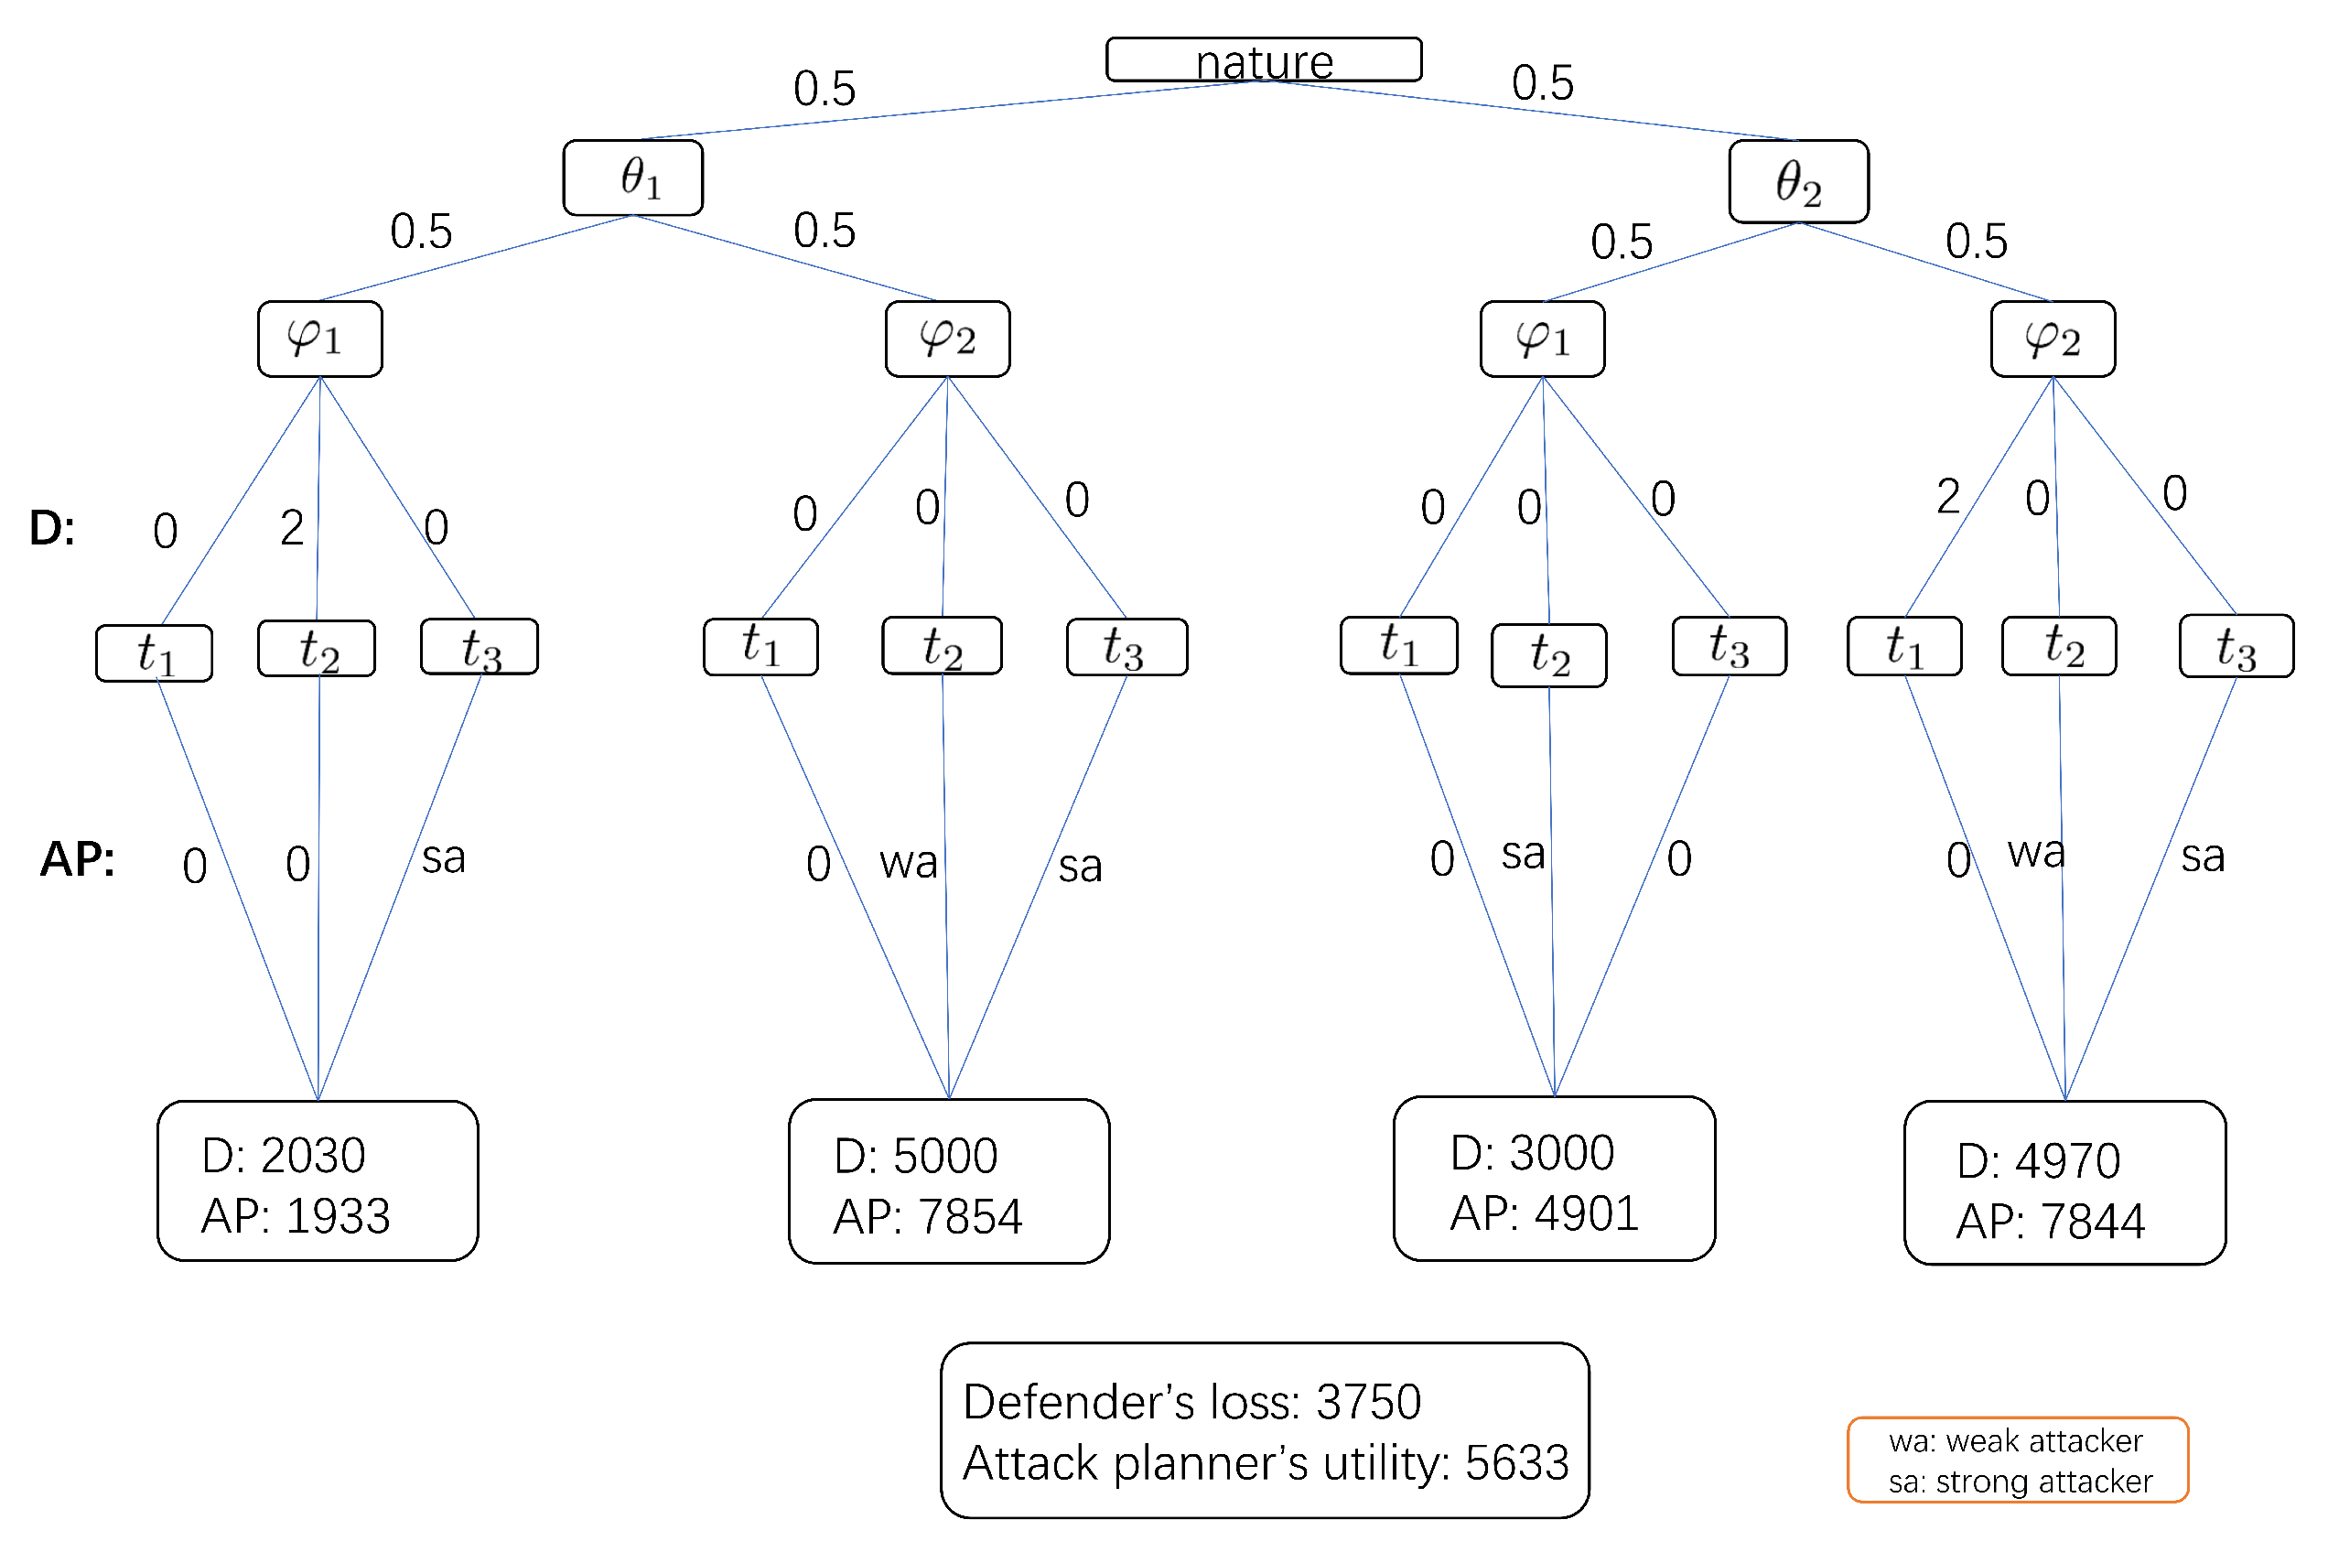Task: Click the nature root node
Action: [x=1264, y=60]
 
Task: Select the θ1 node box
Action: [x=633, y=178]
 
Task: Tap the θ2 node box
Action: [x=1798, y=182]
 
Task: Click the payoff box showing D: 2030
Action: [x=318, y=1180]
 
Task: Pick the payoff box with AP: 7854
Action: [x=948, y=1181]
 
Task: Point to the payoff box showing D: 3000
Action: [x=1554, y=1179]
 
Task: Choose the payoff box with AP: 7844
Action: [x=2064, y=1184]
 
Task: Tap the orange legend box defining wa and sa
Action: [x=2017, y=1460]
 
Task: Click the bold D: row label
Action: [x=51, y=529]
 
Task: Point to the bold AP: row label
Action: [x=77, y=859]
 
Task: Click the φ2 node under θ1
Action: [x=947, y=339]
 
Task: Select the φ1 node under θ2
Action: [x=1542, y=339]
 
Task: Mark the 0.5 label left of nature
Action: [x=824, y=89]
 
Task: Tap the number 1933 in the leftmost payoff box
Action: [x=338, y=1216]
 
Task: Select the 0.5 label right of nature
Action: [x=1542, y=83]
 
